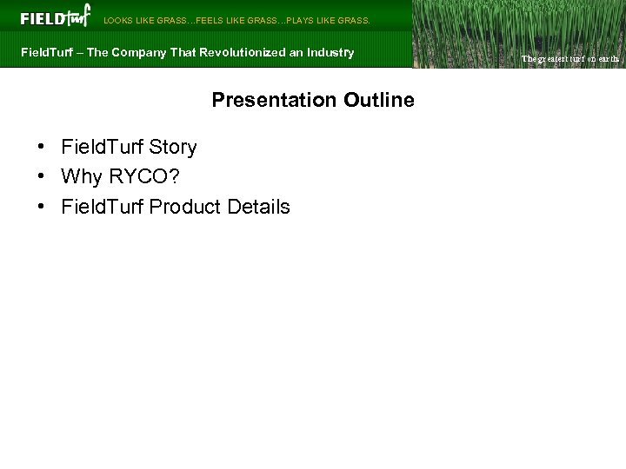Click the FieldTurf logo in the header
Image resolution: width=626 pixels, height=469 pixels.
(x=55, y=17)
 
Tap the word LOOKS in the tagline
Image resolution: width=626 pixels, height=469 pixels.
(x=118, y=20)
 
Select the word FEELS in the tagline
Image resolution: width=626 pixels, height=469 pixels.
(x=211, y=20)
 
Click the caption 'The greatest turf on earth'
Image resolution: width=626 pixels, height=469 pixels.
(x=569, y=59)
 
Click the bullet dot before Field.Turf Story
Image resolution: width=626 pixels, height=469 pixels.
(x=42, y=148)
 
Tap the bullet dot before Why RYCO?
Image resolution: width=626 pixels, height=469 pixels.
(x=42, y=177)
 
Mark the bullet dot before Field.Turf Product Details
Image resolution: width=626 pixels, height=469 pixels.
(x=42, y=207)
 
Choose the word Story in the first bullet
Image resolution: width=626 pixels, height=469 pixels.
(x=173, y=148)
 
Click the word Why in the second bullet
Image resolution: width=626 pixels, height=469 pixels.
(x=81, y=177)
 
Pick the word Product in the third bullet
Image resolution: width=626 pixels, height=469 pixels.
(x=185, y=207)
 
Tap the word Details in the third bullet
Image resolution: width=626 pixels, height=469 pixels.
(x=258, y=207)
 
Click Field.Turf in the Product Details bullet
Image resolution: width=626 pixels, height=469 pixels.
(x=103, y=207)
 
